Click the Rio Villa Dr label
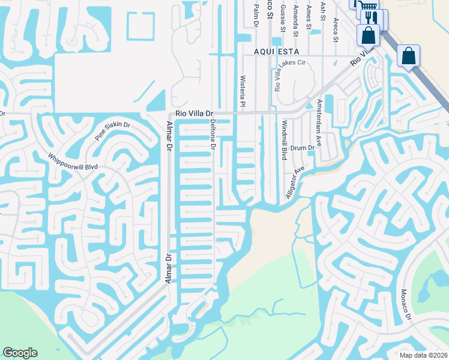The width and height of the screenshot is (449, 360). click(194, 113)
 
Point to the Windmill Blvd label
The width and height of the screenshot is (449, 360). click(283, 140)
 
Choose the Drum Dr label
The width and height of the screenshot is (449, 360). click(303, 148)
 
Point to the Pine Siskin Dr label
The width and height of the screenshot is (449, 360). click(113, 131)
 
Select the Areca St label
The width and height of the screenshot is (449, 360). click(336, 31)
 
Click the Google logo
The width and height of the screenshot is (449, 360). click(20, 353)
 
